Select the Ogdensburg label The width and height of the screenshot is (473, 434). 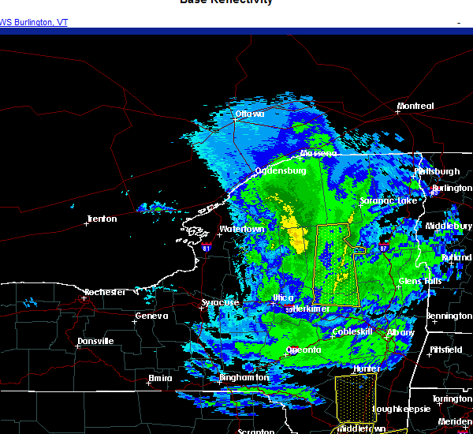click(280, 170)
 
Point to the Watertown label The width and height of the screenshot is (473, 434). click(241, 229)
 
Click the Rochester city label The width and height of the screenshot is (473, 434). click(105, 292)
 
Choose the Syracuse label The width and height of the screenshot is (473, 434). click(220, 302)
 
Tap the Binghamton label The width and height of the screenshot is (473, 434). click(244, 378)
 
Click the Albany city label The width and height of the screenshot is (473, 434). click(400, 333)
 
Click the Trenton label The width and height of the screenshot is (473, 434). click(101, 219)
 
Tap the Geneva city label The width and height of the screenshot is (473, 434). click(151, 316)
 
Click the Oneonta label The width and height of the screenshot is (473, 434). click(303, 350)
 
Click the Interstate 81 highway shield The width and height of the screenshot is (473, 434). click(206, 247)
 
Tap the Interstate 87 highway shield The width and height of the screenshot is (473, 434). click(383, 249)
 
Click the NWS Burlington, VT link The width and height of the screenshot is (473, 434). click(34, 22)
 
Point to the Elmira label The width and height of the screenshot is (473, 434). click(160, 379)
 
